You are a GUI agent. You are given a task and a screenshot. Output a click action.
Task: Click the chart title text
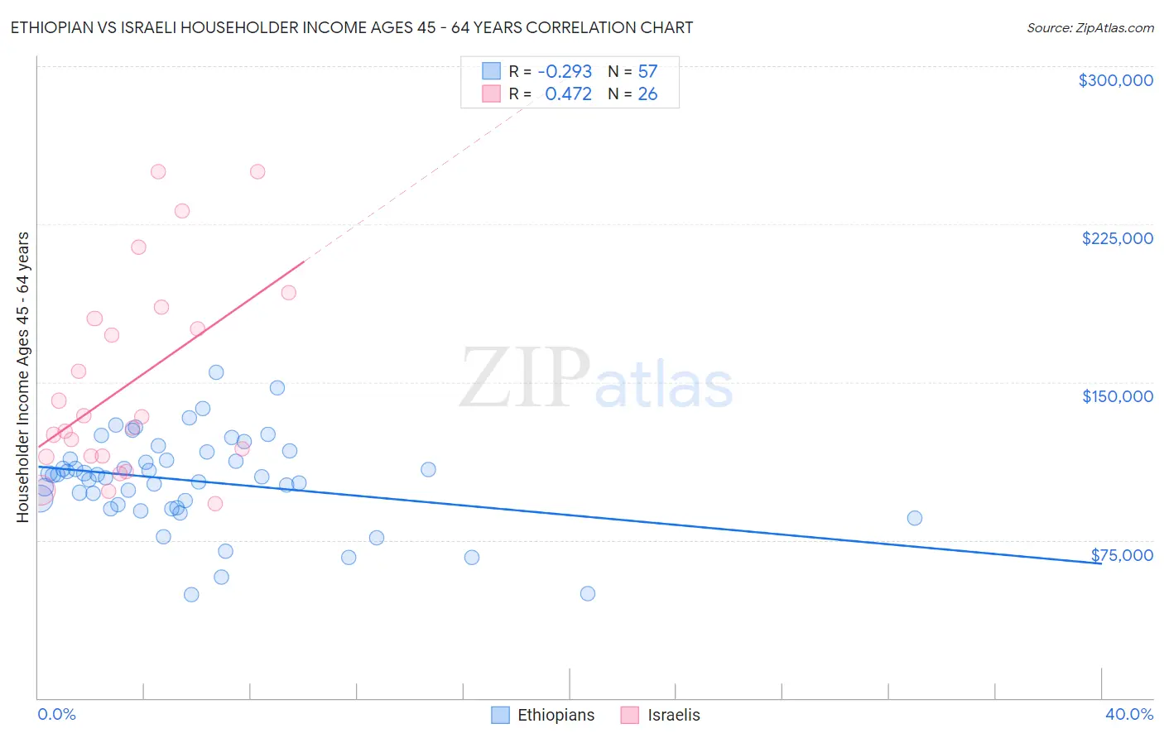click(x=351, y=27)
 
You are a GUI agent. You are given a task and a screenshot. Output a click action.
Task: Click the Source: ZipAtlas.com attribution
click(x=1089, y=27)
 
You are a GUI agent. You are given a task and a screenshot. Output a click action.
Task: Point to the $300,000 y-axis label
click(x=1115, y=80)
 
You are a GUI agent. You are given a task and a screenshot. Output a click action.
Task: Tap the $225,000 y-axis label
click(x=1117, y=238)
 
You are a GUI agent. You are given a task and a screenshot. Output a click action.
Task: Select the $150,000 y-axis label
click(x=1117, y=396)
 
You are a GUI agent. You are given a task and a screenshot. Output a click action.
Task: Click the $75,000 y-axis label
click(x=1121, y=555)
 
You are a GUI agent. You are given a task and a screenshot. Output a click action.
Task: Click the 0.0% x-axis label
click(x=56, y=714)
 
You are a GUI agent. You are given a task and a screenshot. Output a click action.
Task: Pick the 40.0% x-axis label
click(x=1128, y=714)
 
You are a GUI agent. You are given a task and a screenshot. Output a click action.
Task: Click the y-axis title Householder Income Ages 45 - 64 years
click(x=23, y=377)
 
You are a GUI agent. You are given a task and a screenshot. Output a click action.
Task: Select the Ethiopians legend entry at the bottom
click(x=543, y=715)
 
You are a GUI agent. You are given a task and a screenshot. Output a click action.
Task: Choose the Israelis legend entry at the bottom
click(x=661, y=715)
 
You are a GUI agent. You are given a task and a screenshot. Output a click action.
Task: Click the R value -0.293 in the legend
click(x=565, y=72)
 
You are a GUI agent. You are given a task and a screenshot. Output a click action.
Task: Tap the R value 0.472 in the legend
click(x=568, y=94)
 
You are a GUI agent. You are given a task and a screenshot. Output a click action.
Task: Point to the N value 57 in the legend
click(x=647, y=72)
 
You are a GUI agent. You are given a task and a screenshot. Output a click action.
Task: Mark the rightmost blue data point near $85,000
click(x=914, y=518)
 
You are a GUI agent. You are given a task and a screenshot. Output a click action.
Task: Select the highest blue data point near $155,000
click(x=216, y=372)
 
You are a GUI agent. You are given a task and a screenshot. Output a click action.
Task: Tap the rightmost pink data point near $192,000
click(x=288, y=292)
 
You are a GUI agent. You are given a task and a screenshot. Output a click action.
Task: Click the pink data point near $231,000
click(x=182, y=211)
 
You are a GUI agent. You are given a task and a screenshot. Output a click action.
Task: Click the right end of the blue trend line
click(x=1100, y=563)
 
